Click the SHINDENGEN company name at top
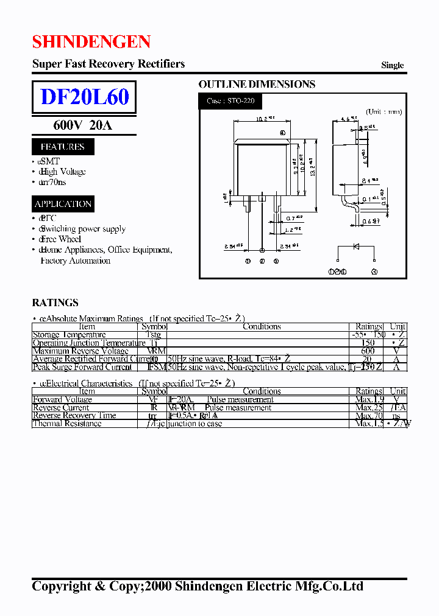91,41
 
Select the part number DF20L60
84,97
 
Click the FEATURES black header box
62,147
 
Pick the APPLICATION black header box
63,204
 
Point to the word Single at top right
392,65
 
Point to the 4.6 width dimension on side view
348,119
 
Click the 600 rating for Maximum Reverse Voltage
368,351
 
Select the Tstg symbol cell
153,335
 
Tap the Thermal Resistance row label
67,424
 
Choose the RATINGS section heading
55,303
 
